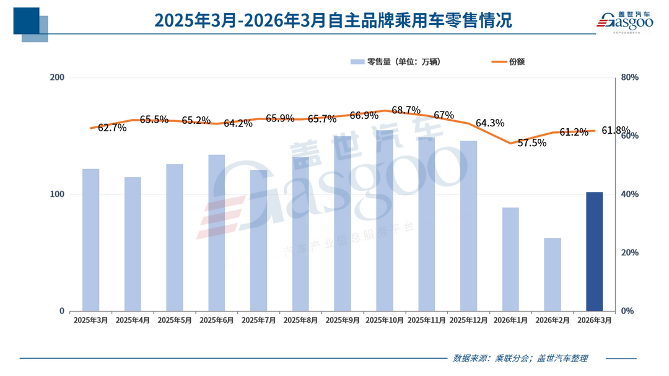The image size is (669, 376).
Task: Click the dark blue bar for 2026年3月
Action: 594,251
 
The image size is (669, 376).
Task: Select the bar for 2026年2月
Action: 552,274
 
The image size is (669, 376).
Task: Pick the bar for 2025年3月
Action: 91,240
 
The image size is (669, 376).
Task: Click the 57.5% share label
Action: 532,143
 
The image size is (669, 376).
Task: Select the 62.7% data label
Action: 112,128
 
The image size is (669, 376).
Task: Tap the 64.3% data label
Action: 489,123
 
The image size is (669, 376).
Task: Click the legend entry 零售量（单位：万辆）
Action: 396,62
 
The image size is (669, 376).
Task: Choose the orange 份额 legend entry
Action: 508,62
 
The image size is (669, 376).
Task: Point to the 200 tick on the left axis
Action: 57,77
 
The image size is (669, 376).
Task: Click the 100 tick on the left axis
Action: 57,195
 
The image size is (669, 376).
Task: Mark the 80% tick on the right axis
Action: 630,77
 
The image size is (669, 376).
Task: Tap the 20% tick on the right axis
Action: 630,253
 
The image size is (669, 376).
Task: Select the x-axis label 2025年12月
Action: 468,320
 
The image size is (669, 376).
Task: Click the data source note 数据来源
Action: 520,358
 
